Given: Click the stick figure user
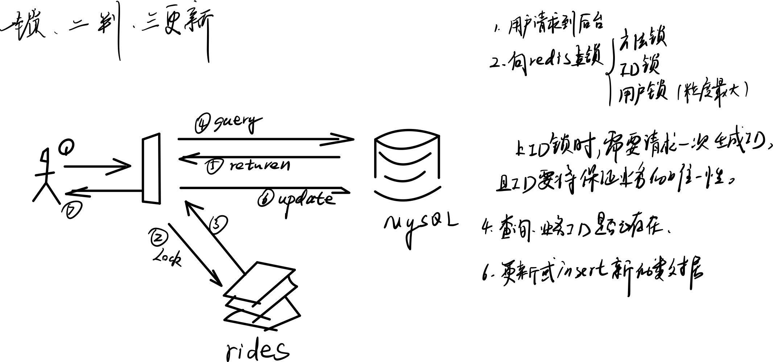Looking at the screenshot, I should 46,178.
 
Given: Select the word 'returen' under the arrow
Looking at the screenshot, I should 260,166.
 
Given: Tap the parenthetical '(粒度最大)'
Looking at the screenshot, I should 712,92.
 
